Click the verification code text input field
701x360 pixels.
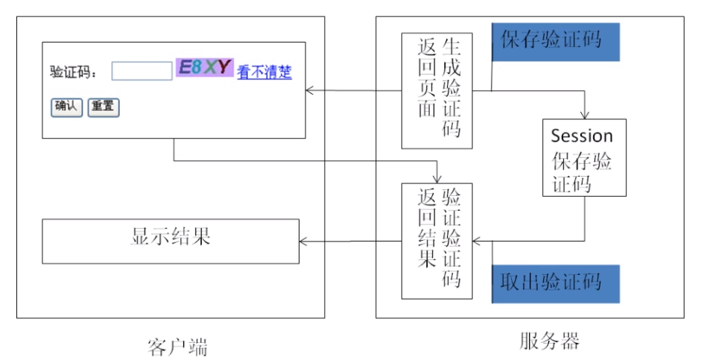point(142,71)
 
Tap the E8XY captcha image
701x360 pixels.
point(204,68)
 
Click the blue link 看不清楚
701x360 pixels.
point(264,72)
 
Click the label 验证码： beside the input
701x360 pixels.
point(74,72)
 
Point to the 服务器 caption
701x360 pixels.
point(548,342)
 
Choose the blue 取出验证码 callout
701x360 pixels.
point(556,282)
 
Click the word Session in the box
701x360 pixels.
point(582,136)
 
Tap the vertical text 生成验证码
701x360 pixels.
point(451,89)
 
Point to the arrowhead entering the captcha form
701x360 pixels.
point(310,91)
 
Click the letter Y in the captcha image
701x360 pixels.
point(224,67)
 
